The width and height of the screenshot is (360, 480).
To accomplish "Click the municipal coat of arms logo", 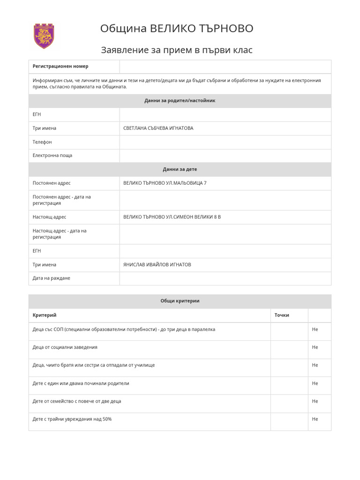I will coord(44,36).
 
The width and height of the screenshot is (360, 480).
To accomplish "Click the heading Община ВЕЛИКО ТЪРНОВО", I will coord(177,29).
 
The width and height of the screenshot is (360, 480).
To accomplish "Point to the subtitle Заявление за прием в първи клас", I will coord(177,50).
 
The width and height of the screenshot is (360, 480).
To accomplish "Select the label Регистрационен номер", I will coord(60,67).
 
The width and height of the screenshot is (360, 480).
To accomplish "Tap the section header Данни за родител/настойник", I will coord(180,101).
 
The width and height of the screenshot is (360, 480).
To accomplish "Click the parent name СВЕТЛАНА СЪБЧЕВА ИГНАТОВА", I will coord(158,128).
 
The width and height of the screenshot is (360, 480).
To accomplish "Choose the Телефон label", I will coord(42,142).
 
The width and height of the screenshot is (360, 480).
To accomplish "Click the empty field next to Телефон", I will coord(225,142).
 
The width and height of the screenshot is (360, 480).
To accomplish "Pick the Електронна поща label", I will coord(52,156).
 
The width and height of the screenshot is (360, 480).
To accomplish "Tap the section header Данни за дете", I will coord(180,169).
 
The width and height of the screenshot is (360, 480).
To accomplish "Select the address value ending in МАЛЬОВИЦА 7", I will coord(165,183).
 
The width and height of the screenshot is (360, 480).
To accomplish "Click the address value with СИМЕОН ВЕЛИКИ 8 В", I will coord(172,217).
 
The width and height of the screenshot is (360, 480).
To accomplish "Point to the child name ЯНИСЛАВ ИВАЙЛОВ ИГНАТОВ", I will coord(157,265).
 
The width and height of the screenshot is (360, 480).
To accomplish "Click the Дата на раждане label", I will coord(51,278).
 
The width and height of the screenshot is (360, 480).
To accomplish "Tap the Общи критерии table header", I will coord(180,301).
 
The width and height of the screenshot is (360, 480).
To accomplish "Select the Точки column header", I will coord(282,315).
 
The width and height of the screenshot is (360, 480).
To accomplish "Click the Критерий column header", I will coord(45,315).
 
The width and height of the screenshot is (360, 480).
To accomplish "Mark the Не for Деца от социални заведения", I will coord(315,347).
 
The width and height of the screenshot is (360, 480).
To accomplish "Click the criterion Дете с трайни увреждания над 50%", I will coord(72,419).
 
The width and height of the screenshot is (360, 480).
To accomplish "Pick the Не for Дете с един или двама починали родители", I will coord(315,383).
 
